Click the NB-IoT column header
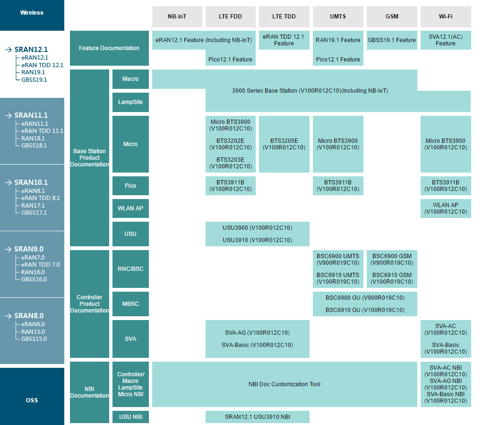tap(177, 17)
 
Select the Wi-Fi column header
tap(446, 17)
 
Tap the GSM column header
tap(392, 17)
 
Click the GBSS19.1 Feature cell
tap(392, 40)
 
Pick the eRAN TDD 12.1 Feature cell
tap(284, 40)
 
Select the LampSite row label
tap(130, 102)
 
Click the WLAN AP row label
tap(130, 208)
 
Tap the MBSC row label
tap(130, 304)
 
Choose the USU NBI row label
tap(130, 416)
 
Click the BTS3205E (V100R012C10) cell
tap(284, 144)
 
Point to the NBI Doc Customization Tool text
tap(285, 384)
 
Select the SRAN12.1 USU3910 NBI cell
tap(258, 416)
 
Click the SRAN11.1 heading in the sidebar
tap(31, 115)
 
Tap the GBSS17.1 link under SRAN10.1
tap(34, 213)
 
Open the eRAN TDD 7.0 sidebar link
tap(40, 265)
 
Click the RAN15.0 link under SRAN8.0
tap(33, 331)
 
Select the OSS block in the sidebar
tap(32, 400)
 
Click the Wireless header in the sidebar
tap(32, 13)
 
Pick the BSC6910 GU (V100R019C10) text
tap(365, 310)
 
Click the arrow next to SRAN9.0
tap(9, 249)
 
